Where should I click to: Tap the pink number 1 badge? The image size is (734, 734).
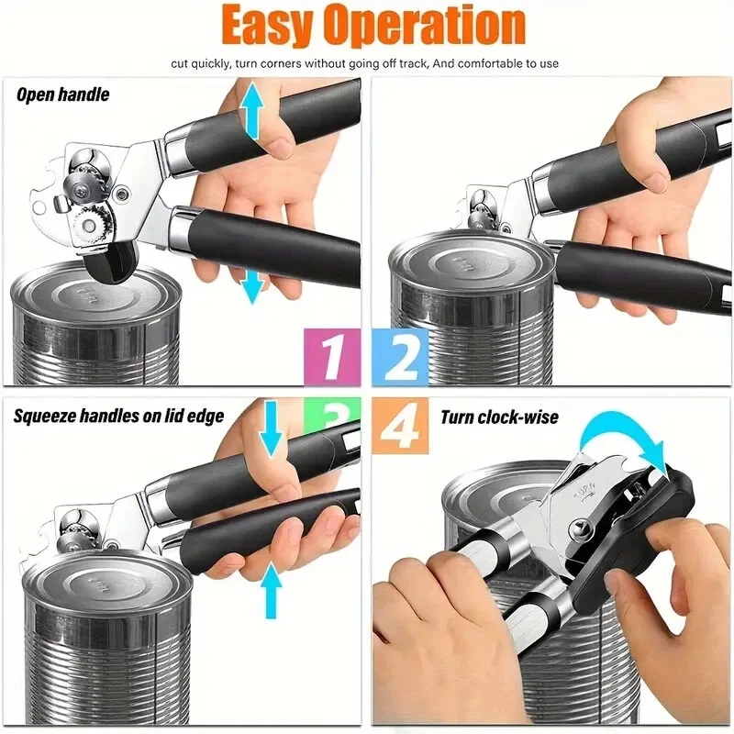(332, 357)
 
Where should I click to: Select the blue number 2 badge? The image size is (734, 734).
(400, 357)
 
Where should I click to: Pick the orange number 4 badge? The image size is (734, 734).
(400, 426)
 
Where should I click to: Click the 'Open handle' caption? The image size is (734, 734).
(62, 95)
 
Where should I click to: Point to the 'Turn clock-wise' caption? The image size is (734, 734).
(499, 417)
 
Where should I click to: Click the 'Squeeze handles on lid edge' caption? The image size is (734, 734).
(118, 416)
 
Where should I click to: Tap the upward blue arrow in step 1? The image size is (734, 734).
(251, 109)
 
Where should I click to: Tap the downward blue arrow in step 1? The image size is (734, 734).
(253, 286)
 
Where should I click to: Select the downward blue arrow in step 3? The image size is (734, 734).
(271, 428)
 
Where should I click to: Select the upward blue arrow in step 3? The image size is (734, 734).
(271, 590)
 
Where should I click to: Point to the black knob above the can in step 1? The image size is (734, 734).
(111, 262)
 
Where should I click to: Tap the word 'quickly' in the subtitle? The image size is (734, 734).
(210, 63)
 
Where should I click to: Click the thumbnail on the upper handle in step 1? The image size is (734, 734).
(280, 145)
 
